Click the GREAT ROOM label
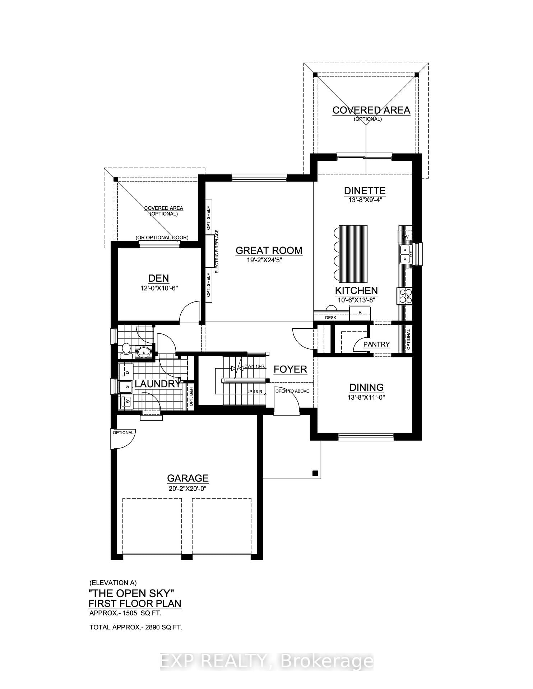[269, 250]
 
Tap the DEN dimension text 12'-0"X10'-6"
[159, 288]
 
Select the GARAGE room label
[188, 478]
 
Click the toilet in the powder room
[126, 350]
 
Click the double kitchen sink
[405, 254]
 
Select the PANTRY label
[376, 344]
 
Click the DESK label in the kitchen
[330, 318]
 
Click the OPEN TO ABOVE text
[292, 391]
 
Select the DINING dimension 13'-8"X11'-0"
[366, 397]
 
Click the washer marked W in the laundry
[126, 401]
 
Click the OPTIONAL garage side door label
[123, 433]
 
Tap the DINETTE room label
[365, 191]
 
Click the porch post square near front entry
[315, 473]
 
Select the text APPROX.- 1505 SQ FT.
[126, 613]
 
